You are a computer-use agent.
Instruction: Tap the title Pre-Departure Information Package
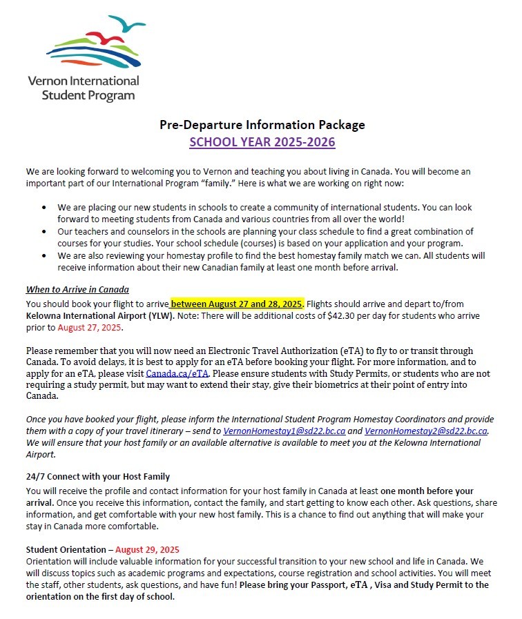click(262, 125)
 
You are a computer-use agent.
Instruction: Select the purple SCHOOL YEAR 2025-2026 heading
click(262, 142)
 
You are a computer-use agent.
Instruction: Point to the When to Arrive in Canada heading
click(77, 289)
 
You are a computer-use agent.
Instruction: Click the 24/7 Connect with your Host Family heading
click(97, 477)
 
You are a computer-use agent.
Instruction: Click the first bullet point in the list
click(45, 207)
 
